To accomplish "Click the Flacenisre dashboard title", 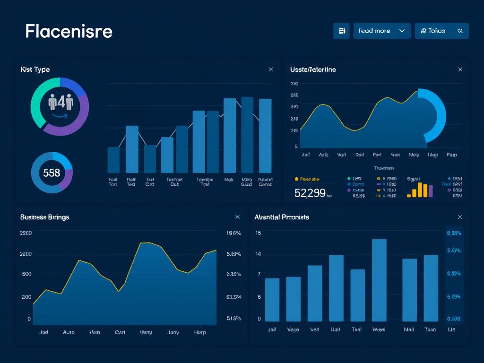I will click(x=69, y=31).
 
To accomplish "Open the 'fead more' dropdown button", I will click(x=382, y=31).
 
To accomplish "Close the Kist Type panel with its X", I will click(x=271, y=69).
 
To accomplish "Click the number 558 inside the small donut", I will click(x=52, y=173).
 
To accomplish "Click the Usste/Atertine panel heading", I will click(x=313, y=69).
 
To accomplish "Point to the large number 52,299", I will click(x=310, y=193).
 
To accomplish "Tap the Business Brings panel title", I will click(x=44, y=217).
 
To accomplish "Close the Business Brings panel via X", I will click(x=237, y=217).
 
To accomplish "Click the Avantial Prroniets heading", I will click(x=281, y=217).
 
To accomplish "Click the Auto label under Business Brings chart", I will click(x=69, y=332).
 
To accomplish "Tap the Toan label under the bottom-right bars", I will click(x=430, y=329).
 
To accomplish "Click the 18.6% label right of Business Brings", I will click(x=234, y=233).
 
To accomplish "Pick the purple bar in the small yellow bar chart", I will click(x=431, y=191).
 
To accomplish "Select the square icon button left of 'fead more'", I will click(x=341, y=31).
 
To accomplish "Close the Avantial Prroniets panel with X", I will click(x=460, y=217).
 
